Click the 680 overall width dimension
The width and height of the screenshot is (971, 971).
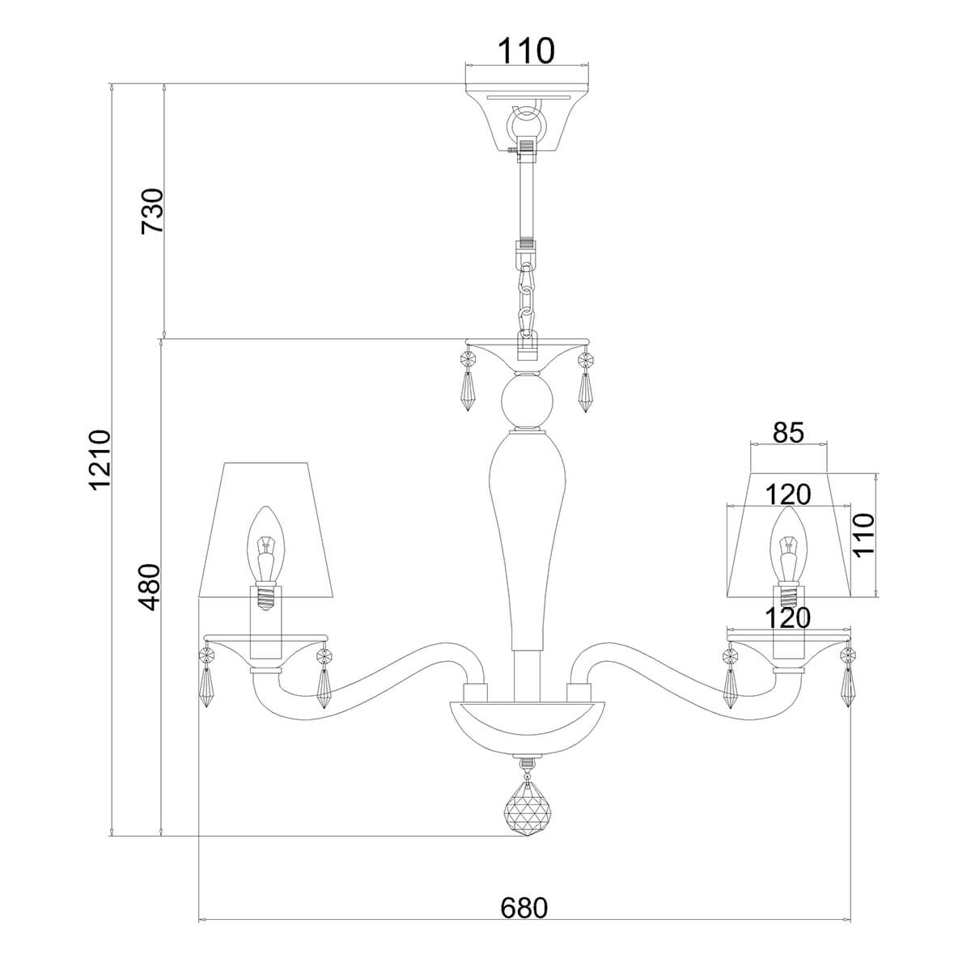tap(524, 908)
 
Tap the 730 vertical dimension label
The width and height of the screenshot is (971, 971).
tap(152, 211)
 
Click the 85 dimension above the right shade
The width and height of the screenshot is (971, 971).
tap(788, 433)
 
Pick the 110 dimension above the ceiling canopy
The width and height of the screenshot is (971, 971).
tap(525, 51)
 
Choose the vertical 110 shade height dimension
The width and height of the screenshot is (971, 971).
tap(863, 536)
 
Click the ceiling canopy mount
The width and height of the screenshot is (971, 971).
tap(527, 117)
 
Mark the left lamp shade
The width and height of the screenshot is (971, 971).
tap(265, 530)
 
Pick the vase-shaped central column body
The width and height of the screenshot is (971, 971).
tap(526, 538)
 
